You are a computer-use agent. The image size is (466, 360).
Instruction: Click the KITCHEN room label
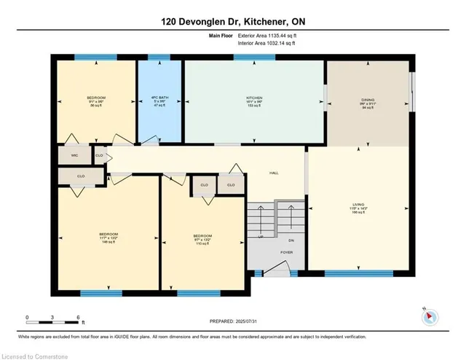pyautogui.click(x=253, y=97)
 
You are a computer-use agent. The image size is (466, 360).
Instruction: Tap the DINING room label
pyautogui.click(x=367, y=101)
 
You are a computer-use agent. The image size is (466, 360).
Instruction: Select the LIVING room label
pyautogui.click(x=357, y=206)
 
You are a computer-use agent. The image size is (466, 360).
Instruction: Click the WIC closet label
pyautogui.click(x=74, y=155)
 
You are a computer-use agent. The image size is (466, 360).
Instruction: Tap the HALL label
pyautogui.click(x=275, y=173)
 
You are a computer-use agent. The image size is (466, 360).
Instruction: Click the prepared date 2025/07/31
pyautogui.click(x=232, y=321)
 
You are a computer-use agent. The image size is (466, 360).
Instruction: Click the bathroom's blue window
pyautogui.click(x=159, y=57)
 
